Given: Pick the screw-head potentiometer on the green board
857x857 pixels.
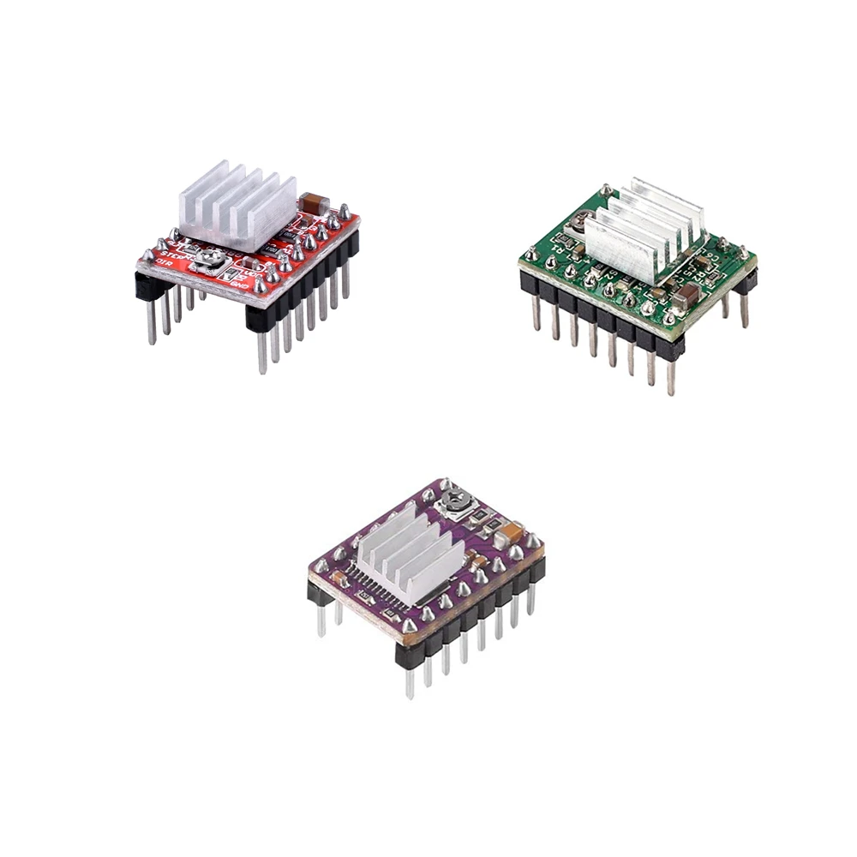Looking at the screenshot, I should tap(584, 223).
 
